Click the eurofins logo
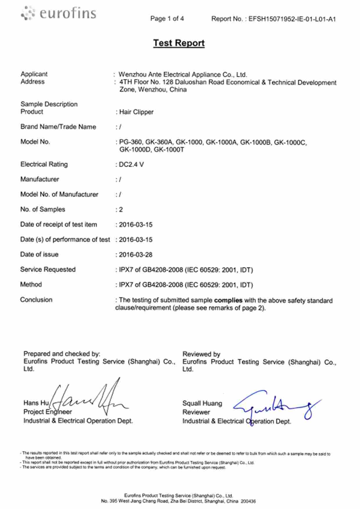58,13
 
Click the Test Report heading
179,43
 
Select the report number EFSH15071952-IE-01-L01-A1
292,19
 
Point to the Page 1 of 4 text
167,19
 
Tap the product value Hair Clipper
136,112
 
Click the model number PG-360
131,142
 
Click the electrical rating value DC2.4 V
131,165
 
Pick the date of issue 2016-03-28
136,255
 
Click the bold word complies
228,300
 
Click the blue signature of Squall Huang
276,405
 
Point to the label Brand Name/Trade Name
58,127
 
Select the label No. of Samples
43,210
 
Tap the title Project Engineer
48,412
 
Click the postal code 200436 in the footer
248,501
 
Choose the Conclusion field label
36,300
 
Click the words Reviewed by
201,354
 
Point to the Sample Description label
49,104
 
